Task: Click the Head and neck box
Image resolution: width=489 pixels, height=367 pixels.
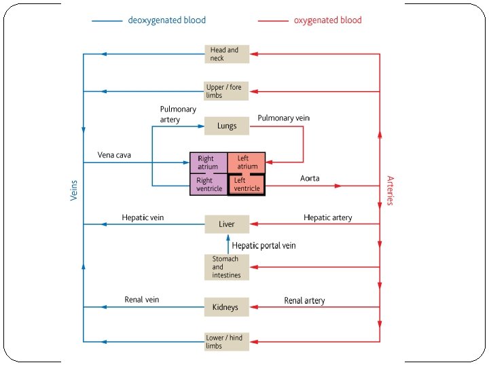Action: pyautogui.click(x=227, y=54)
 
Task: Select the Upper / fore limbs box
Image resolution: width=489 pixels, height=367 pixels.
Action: pyautogui.click(x=227, y=91)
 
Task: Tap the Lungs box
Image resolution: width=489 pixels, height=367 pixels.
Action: pyautogui.click(x=227, y=126)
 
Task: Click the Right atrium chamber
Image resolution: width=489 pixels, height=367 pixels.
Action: pyautogui.click(x=208, y=163)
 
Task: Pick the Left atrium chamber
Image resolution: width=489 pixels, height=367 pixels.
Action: pyautogui.click(x=247, y=163)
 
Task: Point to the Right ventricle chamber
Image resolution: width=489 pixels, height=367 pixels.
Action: pyautogui.click(x=208, y=185)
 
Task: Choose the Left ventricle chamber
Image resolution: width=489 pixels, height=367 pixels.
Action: pyautogui.click(x=247, y=185)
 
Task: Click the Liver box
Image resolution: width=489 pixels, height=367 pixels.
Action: pyautogui.click(x=227, y=224)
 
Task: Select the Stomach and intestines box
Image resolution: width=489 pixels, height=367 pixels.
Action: pyautogui.click(x=227, y=267)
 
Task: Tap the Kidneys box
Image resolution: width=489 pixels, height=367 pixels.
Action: pyautogui.click(x=227, y=307)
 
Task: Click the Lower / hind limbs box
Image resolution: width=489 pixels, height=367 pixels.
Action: pyautogui.click(x=227, y=341)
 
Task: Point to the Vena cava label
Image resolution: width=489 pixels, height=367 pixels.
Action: pyautogui.click(x=114, y=155)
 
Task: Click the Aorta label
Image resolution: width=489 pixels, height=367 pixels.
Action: pyautogui.click(x=310, y=179)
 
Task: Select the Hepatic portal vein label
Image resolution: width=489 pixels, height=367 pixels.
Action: pyautogui.click(x=264, y=245)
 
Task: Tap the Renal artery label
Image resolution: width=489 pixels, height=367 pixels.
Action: pyautogui.click(x=304, y=300)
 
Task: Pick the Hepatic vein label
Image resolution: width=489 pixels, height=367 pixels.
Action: pyautogui.click(x=143, y=217)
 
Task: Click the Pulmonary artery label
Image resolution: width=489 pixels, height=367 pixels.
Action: pyautogui.click(x=178, y=114)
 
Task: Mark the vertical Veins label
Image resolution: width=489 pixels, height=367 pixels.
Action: pyautogui.click(x=74, y=190)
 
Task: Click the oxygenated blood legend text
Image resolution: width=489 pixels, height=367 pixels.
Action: pyautogui.click(x=327, y=20)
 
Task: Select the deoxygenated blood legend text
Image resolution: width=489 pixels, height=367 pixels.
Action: pyautogui.click(x=166, y=20)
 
